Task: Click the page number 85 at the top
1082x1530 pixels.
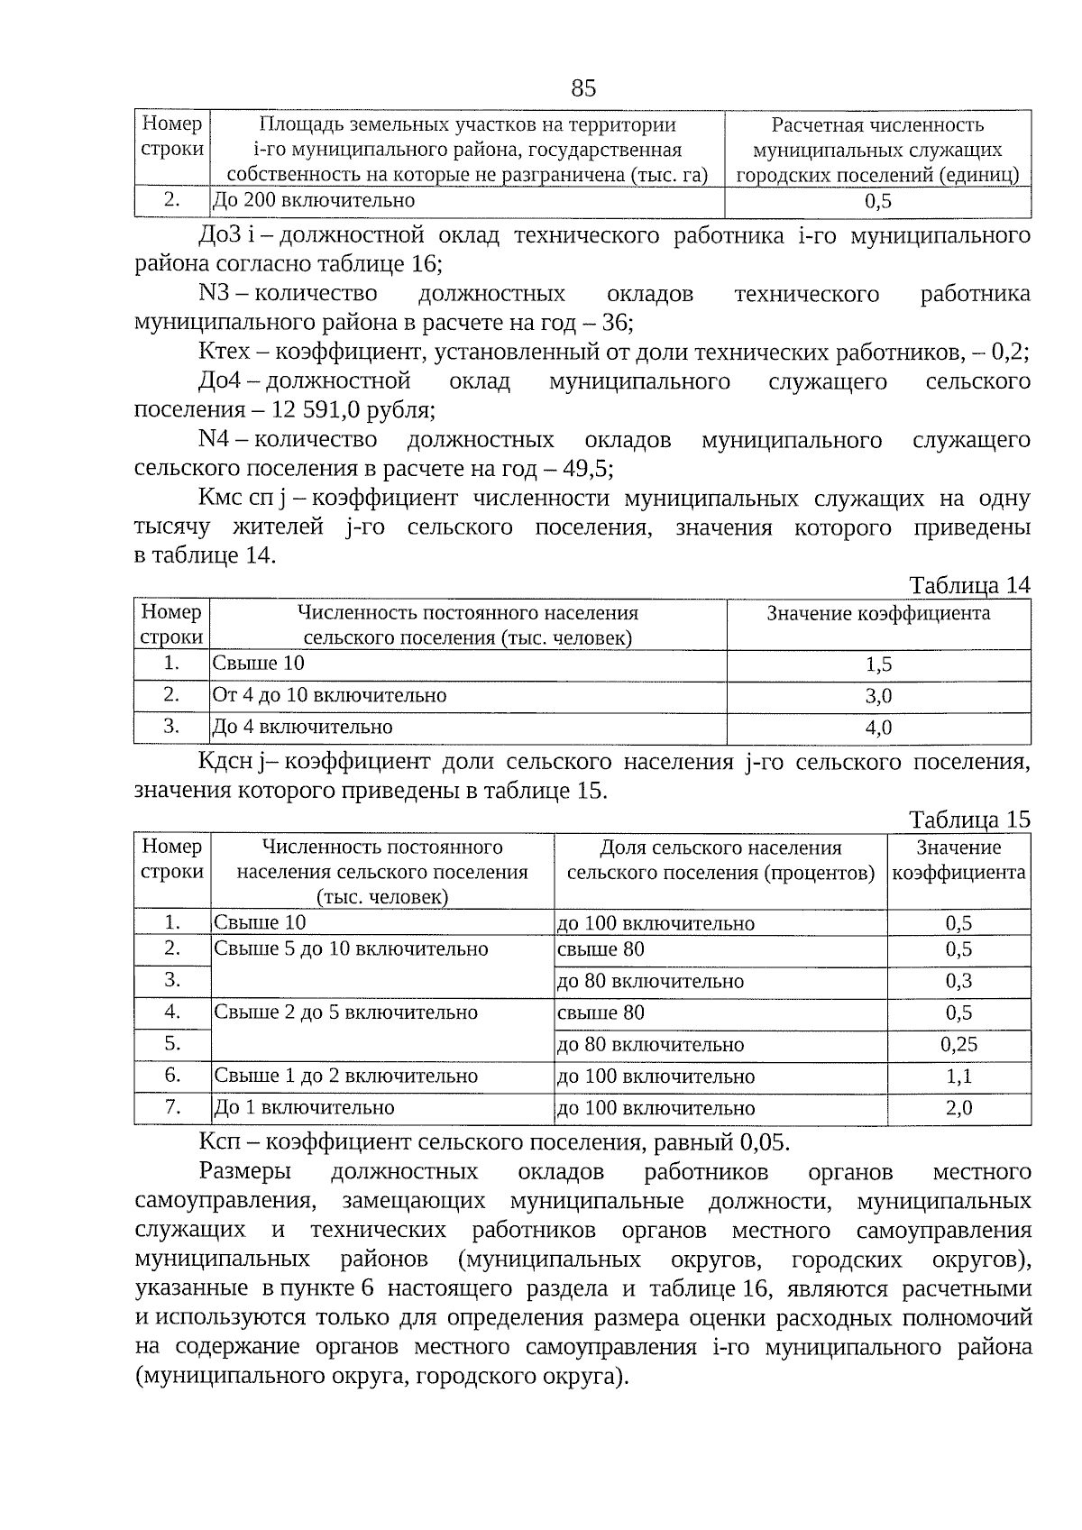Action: tap(583, 87)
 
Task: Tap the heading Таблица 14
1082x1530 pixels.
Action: tap(969, 585)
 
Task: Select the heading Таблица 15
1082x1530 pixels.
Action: tap(969, 820)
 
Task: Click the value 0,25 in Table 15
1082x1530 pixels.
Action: tap(958, 1045)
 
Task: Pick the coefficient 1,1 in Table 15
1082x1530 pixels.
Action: tap(958, 1076)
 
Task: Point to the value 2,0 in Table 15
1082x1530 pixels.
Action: tap(958, 1108)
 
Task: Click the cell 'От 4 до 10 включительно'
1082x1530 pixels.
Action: tap(329, 695)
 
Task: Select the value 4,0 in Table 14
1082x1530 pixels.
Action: tap(878, 728)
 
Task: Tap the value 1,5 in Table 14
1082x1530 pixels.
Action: tap(878, 664)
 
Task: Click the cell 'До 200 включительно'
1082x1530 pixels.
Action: tap(314, 200)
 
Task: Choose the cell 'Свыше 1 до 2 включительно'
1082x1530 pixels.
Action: tap(345, 1076)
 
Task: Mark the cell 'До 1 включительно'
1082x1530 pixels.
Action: tap(304, 1107)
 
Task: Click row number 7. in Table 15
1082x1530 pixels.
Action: tap(172, 1106)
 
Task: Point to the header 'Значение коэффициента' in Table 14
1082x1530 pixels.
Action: tap(878, 614)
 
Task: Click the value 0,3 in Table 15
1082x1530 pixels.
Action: tap(958, 982)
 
